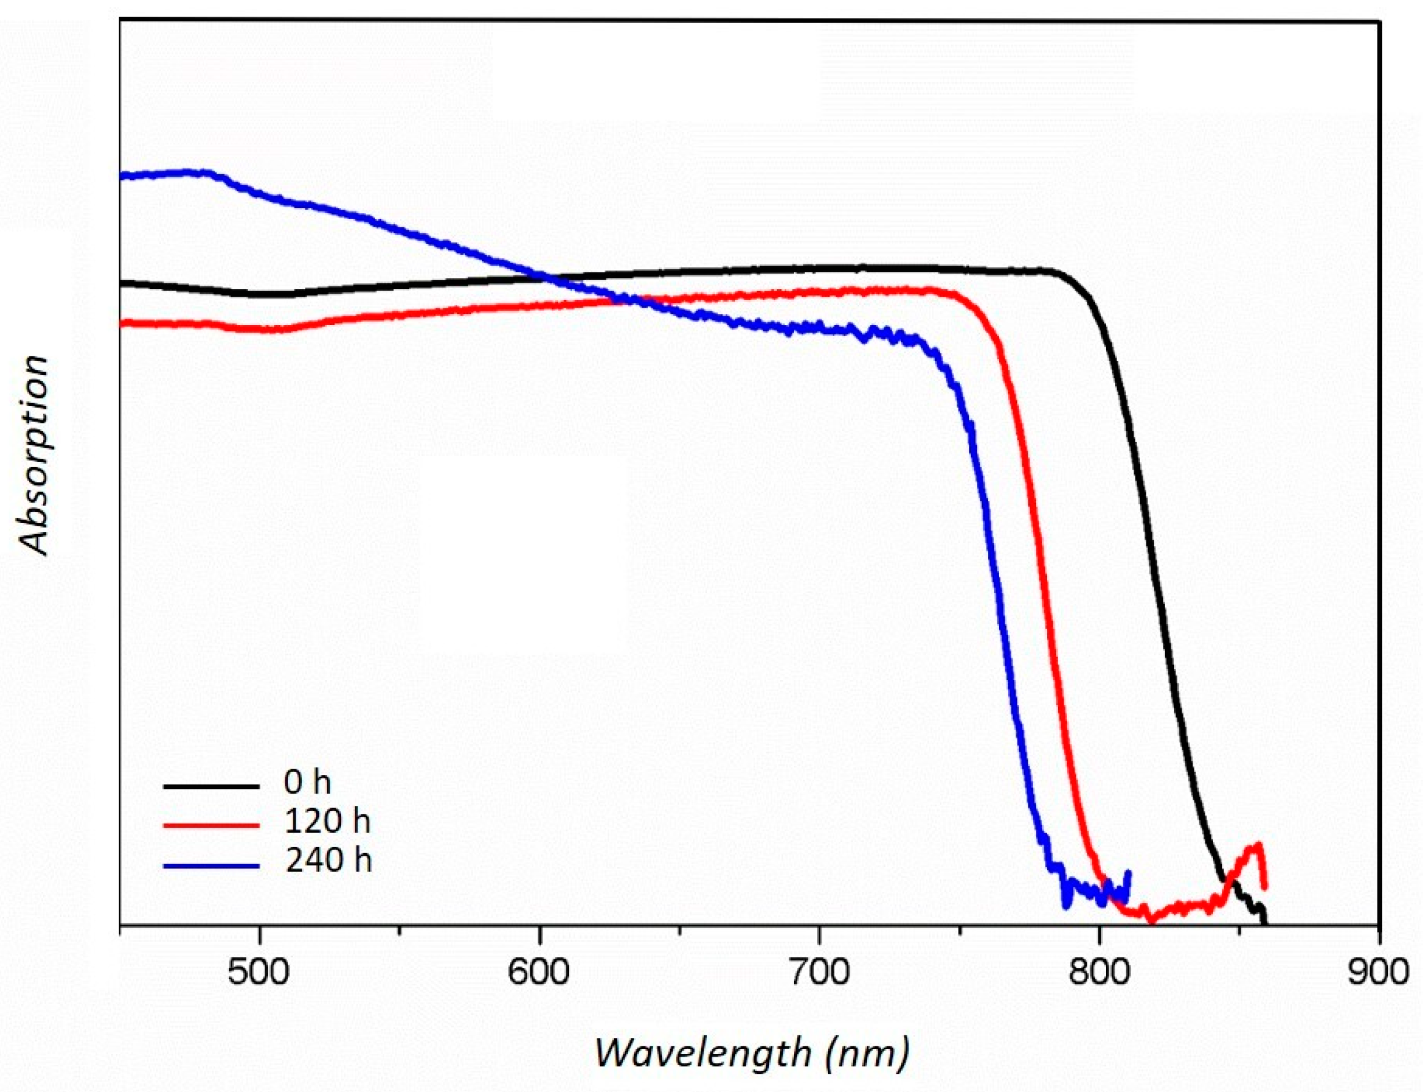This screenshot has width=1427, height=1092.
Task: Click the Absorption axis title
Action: [x=34, y=455]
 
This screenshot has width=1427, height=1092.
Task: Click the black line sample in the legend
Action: [x=211, y=786]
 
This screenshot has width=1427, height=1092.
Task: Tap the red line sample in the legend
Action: [x=211, y=825]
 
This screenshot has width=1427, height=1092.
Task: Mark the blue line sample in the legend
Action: [x=211, y=865]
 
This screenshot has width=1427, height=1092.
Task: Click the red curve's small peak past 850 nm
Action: [x=1258, y=846]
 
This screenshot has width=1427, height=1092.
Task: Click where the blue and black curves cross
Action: [x=549, y=278]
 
